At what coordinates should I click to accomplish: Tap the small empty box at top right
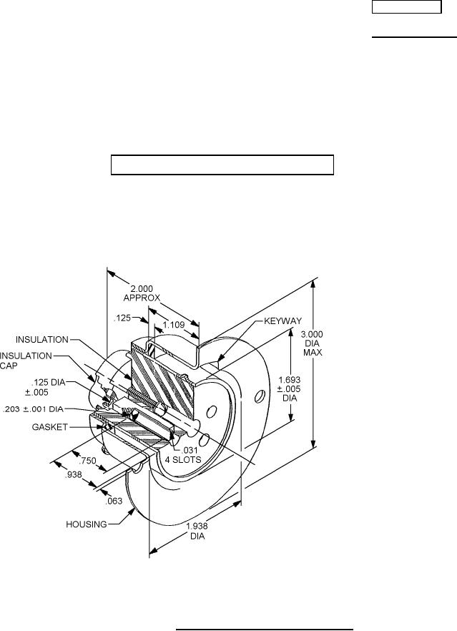[x=406, y=7]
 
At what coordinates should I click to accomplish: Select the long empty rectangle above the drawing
[x=222, y=165]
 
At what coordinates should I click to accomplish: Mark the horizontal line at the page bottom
[x=265, y=610]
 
